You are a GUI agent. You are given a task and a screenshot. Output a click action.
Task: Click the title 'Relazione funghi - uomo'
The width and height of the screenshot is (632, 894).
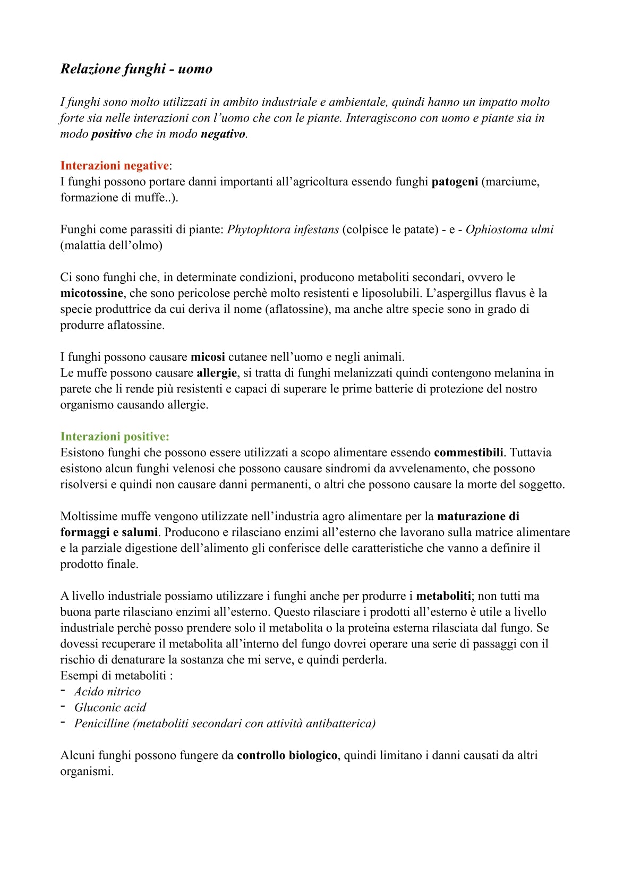coord(136,69)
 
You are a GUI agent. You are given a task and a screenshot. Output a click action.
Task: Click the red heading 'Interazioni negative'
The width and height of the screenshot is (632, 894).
coord(114,166)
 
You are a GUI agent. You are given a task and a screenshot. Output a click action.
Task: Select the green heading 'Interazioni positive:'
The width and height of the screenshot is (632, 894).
coord(115,437)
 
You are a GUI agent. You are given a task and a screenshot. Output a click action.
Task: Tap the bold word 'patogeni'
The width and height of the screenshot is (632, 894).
coord(455,182)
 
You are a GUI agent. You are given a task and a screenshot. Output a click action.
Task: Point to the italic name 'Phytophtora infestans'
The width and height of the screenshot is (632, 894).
coord(283,229)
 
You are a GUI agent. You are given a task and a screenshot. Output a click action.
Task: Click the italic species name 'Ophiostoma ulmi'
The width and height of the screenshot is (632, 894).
coord(509,229)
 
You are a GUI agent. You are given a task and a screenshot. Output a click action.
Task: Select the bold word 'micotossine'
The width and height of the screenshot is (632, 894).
coord(91,293)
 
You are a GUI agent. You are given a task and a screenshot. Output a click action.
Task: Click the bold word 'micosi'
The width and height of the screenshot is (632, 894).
coord(208,357)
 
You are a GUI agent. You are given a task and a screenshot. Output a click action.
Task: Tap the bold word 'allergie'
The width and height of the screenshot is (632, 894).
coord(217,373)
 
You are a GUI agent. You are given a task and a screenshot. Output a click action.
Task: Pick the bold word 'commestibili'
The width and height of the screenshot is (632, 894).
coord(468,453)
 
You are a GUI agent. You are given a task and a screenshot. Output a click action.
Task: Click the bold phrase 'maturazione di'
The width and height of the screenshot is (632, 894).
coord(478,516)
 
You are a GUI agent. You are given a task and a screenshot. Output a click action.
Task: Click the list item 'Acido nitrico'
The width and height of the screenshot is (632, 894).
coord(107,692)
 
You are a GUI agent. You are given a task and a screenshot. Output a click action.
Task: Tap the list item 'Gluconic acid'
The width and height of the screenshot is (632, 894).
coord(110,708)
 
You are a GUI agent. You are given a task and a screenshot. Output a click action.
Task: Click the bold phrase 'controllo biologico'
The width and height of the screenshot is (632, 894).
coord(287,755)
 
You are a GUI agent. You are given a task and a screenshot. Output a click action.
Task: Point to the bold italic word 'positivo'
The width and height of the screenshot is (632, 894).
coord(112,134)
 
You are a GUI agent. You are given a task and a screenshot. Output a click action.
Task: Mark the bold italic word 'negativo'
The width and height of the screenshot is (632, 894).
coord(223,134)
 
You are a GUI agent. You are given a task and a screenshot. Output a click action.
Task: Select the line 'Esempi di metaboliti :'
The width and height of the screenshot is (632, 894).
coord(117,676)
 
